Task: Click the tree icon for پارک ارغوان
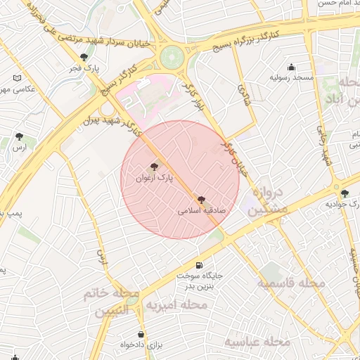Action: point(154,167)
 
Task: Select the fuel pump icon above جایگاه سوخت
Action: point(200,265)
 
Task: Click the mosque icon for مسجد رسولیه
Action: point(292,67)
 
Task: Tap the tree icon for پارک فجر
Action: point(84,58)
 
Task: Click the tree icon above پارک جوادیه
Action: point(344,193)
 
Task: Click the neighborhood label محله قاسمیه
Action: point(290,283)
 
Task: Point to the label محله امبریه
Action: point(175,305)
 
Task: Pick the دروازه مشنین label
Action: point(268,200)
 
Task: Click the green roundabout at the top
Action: point(172,57)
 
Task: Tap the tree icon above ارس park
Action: point(19,137)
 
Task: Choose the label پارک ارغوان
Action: point(154,179)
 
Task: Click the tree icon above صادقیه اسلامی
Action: point(202,200)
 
